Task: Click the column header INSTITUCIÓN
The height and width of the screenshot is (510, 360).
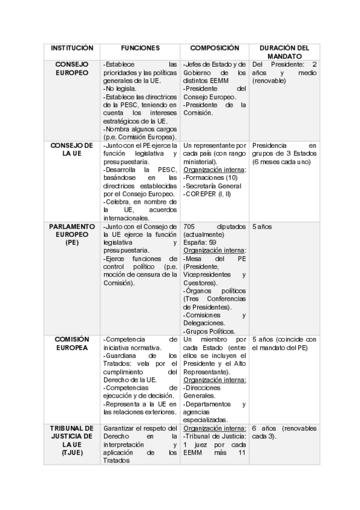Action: [x=72, y=48]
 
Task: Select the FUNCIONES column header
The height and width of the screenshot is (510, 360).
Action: [x=140, y=48]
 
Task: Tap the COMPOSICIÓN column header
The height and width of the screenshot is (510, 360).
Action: [x=215, y=48]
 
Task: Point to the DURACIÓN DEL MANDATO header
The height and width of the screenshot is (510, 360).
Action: [x=283, y=52]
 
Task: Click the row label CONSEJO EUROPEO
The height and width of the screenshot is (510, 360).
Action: [x=72, y=68]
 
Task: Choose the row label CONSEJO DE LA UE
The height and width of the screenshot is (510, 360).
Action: [x=72, y=149]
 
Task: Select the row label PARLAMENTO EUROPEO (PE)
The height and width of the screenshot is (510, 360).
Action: [x=72, y=235]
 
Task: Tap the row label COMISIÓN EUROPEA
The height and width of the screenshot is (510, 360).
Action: [x=72, y=343]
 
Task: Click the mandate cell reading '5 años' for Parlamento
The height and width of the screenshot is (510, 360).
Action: [x=262, y=227]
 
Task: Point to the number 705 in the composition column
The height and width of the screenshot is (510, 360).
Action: [x=191, y=227]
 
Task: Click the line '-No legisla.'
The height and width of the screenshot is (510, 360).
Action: [x=120, y=88]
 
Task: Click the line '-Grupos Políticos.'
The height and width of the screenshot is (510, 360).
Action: [x=209, y=331]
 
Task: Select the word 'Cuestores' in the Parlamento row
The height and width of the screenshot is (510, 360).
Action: [x=200, y=283]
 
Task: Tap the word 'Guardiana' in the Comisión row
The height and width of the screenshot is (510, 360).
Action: [x=122, y=355]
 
